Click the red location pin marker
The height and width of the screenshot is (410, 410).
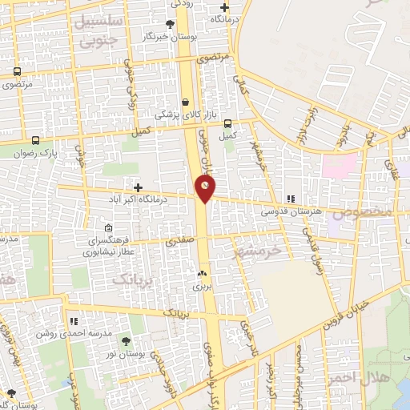[x=206, y=188]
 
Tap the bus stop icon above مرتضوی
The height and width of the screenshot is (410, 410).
[x=17, y=72]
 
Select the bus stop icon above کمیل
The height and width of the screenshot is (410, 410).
[x=228, y=123]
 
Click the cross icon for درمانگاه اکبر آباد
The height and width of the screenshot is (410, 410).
[x=139, y=187]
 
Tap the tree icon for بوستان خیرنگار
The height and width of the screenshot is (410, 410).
[x=169, y=25]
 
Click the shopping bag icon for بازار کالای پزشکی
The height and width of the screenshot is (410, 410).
[x=186, y=102]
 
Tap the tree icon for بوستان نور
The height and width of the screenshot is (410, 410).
[x=126, y=342]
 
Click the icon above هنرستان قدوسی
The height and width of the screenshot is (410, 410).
[x=291, y=199]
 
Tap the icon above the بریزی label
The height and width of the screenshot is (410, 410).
[x=200, y=273]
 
